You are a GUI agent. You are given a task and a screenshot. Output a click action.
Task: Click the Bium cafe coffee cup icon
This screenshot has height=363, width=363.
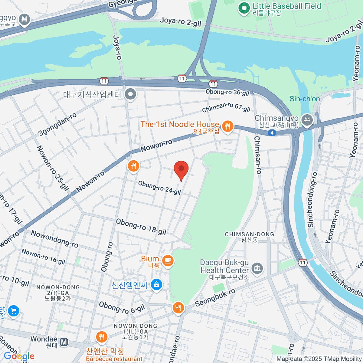pos(168,260)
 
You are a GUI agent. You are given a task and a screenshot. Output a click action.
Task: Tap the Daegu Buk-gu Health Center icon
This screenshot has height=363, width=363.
pos(257,268)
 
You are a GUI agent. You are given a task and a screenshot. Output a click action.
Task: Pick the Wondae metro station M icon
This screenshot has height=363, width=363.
pos(64,342)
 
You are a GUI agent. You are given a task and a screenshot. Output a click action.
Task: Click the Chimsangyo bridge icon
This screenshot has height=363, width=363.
pos(307,120)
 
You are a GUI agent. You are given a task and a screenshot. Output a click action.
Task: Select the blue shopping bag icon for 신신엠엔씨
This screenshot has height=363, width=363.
pos(156,285)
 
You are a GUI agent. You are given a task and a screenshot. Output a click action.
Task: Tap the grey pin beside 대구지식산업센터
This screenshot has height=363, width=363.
pos(131,94)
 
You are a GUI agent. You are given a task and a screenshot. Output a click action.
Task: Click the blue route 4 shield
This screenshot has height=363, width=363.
pos(272,133)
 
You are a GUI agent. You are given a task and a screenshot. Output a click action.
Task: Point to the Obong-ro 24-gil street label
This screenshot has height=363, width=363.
pos(159,188)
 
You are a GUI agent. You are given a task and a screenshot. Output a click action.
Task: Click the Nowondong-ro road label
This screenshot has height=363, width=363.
pos(54,239)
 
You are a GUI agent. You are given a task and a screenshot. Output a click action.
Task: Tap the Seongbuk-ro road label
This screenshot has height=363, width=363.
pos(215,298)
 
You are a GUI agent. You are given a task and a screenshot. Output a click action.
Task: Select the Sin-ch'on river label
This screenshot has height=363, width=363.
pos(305,99)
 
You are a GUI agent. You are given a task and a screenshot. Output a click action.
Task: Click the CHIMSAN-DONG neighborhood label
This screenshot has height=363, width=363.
pos(249,234)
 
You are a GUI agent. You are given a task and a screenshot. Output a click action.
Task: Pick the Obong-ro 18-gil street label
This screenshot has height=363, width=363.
pos(141,227)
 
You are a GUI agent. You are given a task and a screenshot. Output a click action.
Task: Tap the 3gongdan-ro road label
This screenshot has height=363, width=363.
pos(57,124)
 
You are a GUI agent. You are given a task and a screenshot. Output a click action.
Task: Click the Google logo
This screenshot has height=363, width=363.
pos(19,356)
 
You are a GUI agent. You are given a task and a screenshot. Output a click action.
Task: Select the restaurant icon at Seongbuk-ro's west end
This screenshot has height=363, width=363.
pos(178,308)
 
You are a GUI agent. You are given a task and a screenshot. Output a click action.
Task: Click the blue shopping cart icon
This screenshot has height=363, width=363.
pos(13,311)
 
